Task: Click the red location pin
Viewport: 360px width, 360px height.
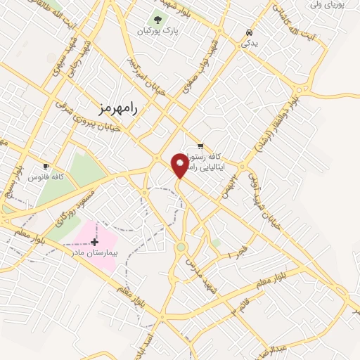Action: click(180, 166)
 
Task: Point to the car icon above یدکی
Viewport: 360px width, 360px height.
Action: click(249, 32)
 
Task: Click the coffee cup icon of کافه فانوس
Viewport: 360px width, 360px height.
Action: click(46, 167)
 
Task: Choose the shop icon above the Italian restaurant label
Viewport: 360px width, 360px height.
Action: click(201, 146)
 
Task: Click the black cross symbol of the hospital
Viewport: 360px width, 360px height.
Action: click(95, 242)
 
